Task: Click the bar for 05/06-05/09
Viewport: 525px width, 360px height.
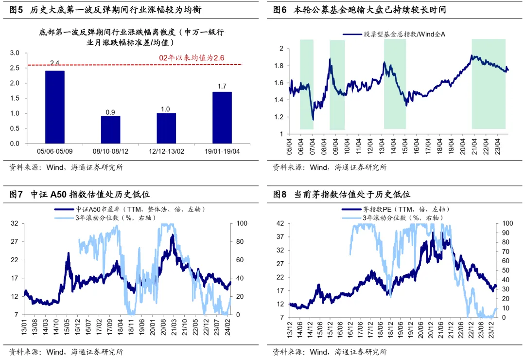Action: [x=54, y=107]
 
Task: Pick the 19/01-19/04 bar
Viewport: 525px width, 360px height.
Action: [x=222, y=117]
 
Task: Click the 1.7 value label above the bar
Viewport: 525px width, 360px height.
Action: [x=222, y=87]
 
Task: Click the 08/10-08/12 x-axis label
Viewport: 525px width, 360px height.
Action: [x=110, y=151]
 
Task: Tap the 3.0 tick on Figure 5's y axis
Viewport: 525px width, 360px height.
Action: [x=15, y=53]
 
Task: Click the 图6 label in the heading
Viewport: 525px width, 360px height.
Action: [x=280, y=10]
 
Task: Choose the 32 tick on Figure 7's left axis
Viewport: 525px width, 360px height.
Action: [x=14, y=224]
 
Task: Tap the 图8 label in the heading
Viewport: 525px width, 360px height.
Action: [x=280, y=195]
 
